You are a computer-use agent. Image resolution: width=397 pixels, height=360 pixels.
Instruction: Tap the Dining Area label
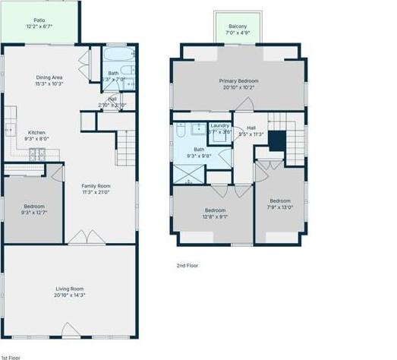click(48, 77)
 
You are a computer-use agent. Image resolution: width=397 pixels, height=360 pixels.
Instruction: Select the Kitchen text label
click(37, 132)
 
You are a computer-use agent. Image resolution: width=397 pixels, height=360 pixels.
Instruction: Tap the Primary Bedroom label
click(239, 81)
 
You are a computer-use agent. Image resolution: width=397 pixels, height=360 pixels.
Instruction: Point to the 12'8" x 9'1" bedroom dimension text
click(215, 216)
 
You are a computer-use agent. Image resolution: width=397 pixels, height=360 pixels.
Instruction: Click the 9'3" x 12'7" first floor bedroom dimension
click(33, 212)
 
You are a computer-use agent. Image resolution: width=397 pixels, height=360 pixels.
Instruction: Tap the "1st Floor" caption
click(11, 355)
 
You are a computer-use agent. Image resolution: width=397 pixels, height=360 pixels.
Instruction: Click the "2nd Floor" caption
click(187, 265)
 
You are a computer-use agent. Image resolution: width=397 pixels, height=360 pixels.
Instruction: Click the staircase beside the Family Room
click(125, 148)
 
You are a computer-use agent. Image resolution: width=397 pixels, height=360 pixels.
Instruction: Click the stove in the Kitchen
click(36, 156)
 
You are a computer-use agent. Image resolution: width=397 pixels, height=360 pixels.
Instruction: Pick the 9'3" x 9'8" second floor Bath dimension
click(199, 156)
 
